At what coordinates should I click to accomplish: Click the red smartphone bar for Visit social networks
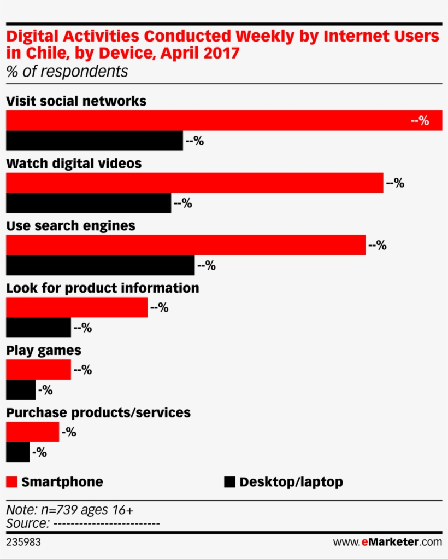point(219,120)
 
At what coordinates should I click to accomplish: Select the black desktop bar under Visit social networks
point(94,141)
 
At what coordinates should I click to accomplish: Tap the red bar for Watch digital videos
point(194,183)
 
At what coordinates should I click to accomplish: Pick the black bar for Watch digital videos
point(88,203)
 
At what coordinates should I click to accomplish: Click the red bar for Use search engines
point(185,245)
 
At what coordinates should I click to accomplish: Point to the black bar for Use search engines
point(100,265)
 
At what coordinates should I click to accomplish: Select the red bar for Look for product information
point(76,307)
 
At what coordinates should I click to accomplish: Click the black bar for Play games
point(20,390)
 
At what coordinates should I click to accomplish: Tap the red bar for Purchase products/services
point(32,432)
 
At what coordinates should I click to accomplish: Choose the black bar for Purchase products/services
point(17,452)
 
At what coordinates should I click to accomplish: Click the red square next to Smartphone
point(11,482)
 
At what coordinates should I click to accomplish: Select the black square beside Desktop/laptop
point(229,482)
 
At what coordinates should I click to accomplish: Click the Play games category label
point(43,350)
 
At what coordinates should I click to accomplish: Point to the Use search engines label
point(70,226)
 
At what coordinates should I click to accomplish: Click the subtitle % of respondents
point(67,72)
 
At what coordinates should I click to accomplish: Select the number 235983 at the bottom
point(23,542)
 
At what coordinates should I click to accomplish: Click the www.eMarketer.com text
point(387,542)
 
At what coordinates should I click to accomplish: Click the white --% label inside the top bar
point(420,120)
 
